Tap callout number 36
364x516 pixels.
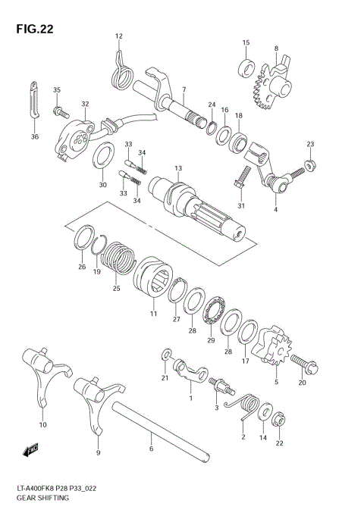(x=35, y=136)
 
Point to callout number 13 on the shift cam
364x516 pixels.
(x=178, y=167)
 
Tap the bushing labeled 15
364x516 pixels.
(x=246, y=67)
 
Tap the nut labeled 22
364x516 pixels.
(x=278, y=417)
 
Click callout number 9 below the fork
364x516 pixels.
(x=97, y=452)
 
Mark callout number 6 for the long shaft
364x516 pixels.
(x=151, y=449)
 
